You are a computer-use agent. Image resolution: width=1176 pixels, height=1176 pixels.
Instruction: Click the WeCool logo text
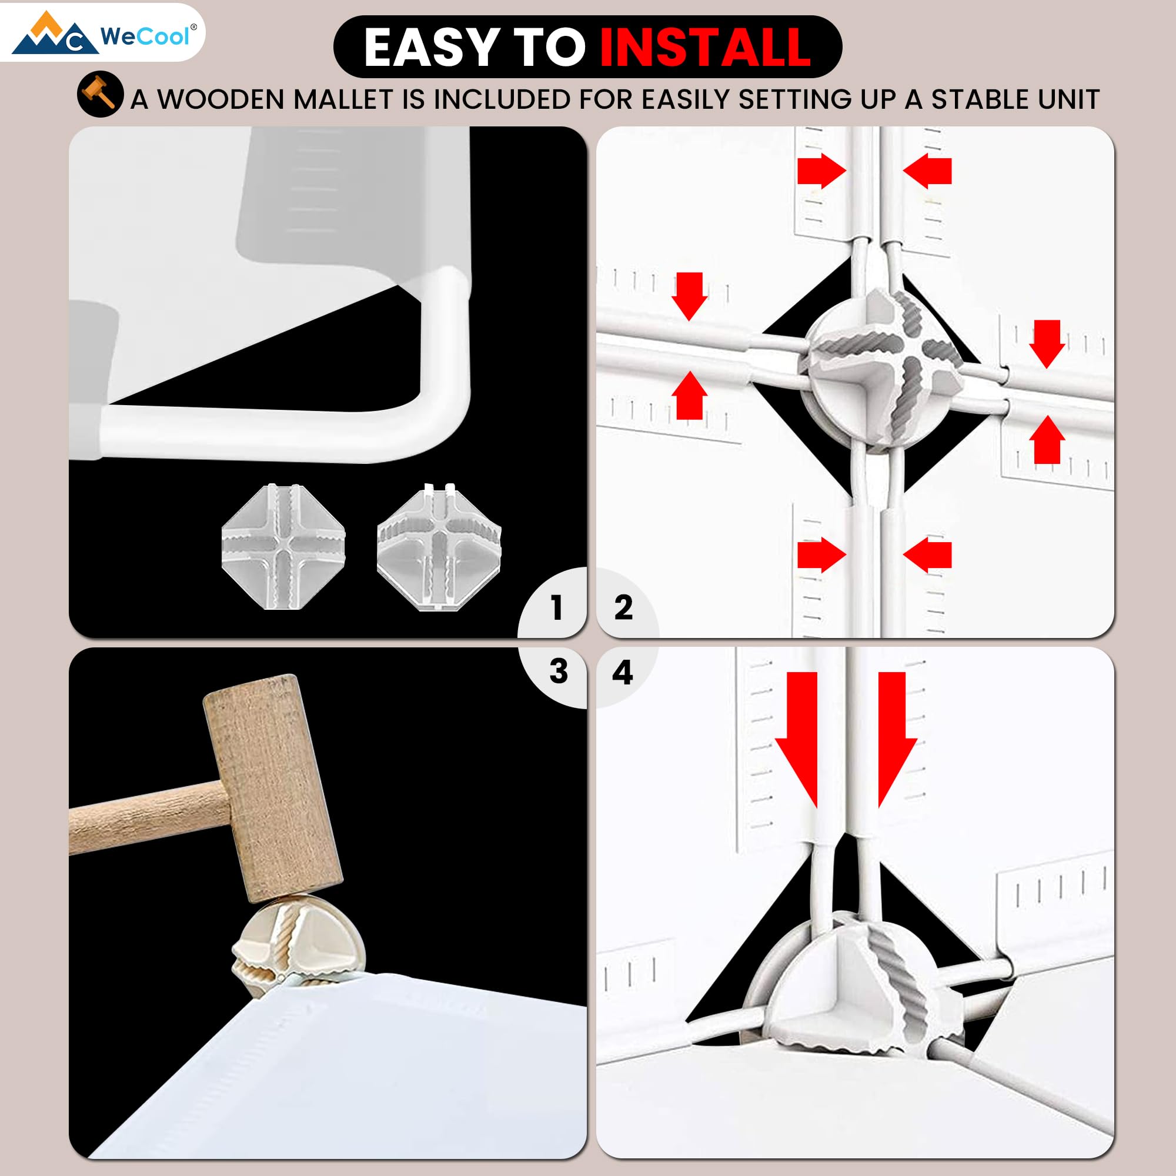pyautogui.click(x=145, y=36)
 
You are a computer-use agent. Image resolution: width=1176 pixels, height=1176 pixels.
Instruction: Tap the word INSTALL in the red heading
pyautogui.click(x=705, y=47)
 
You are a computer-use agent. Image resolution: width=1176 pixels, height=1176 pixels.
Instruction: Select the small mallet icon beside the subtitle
pyautogui.click(x=101, y=94)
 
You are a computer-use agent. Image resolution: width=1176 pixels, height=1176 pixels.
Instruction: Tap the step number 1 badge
pyautogui.click(x=555, y=607)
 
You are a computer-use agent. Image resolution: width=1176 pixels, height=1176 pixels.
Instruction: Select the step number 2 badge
pyautogui.click(x=623, y=607)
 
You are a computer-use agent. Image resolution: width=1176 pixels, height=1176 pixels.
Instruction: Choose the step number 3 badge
pyautogui.click(x=557, y=671)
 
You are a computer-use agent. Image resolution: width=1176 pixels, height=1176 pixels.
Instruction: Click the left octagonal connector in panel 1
pyautogui.click(x=283, y=546)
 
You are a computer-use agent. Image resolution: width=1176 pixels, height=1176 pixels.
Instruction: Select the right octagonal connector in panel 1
pyautogui.click(x=439, y=546)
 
